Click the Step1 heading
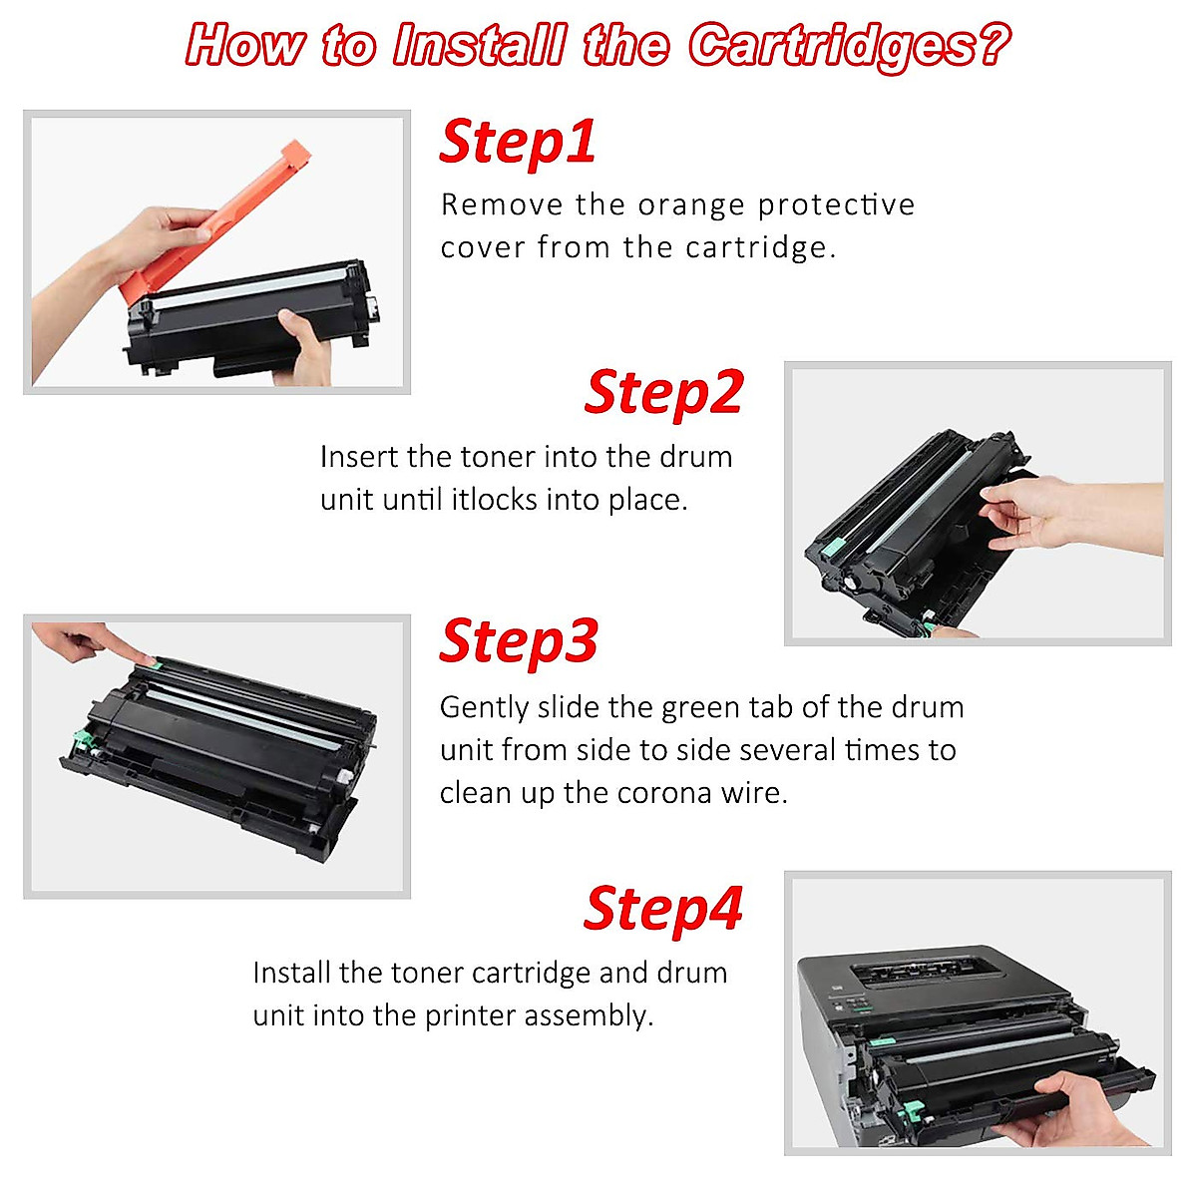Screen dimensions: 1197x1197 518,142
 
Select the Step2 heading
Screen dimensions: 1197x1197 663,392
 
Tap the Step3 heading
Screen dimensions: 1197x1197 518,640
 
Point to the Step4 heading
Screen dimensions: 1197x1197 663,909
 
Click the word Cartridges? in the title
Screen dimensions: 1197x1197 848,46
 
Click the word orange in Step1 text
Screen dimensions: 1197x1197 692,204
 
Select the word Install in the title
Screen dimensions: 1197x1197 479,46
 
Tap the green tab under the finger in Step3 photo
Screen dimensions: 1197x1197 146,661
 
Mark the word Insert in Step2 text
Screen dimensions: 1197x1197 359,457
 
